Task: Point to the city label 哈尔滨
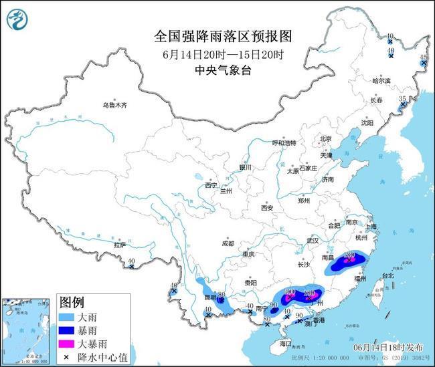381,80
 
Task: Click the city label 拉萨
120,245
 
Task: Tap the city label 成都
228,243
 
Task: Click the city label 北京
326,139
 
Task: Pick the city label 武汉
313,241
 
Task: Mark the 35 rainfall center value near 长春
402,99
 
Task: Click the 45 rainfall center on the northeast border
422,58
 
